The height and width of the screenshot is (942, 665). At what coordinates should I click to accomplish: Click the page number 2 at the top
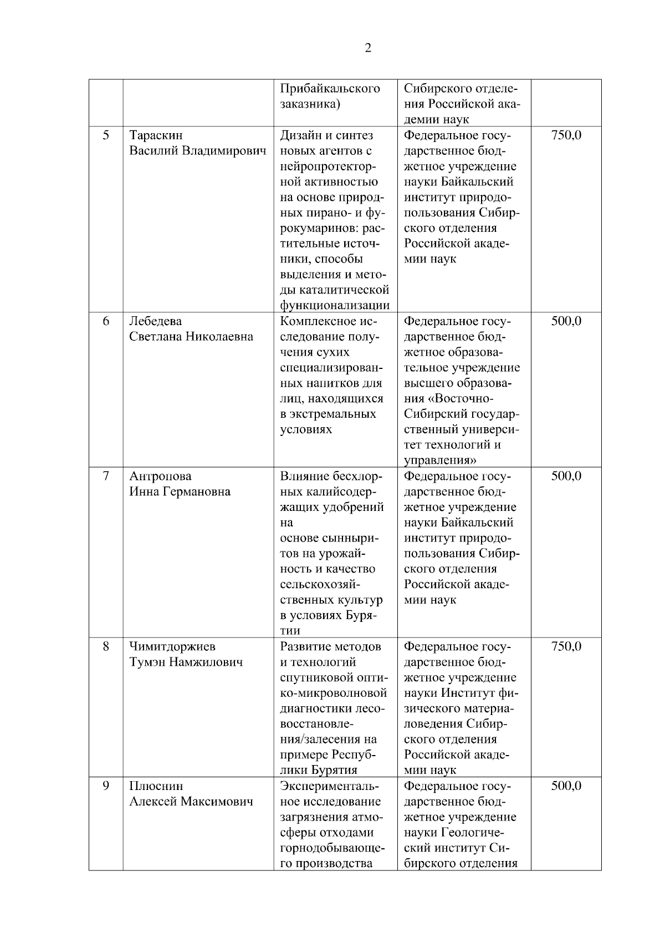[x=368, y=48]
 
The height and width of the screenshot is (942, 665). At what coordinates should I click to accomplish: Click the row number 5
[x=106, y=135]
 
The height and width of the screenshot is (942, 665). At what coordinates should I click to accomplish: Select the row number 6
[x=106, y=321]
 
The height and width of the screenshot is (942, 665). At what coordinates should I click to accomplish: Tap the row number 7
[x=106, y=476]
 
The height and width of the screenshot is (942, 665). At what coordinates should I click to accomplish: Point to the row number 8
[x=106, y=646]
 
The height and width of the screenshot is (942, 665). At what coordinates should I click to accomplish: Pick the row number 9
[x=106, y=786]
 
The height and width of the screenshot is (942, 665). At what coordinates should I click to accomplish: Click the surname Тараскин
[x=156, y=135]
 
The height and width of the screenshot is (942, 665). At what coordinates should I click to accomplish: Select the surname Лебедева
[x=156, y=321]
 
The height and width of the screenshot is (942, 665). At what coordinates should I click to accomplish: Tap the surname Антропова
[x=160, y=476]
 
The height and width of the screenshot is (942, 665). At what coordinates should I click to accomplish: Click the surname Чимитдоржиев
[x=172, y=646]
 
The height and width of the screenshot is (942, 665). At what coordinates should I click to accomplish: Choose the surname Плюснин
[x=156, y=786]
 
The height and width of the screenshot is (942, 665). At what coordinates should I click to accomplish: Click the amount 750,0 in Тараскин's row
[x=566, y=135]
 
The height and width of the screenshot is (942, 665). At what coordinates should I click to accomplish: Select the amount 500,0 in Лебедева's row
[x=566, y=321]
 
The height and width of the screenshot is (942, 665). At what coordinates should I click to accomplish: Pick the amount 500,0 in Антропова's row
[x=566, y=476]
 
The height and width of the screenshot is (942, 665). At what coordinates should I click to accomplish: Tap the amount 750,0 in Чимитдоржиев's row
[x=566, y=646]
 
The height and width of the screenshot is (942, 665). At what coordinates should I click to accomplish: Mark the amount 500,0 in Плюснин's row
[x=566, y=786]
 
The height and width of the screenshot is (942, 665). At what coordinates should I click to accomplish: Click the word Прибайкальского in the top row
[x=330, y=89]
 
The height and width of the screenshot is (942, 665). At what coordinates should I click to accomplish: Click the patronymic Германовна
[x=196, y=492]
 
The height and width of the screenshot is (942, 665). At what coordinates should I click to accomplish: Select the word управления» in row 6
[x=441, y=460]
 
